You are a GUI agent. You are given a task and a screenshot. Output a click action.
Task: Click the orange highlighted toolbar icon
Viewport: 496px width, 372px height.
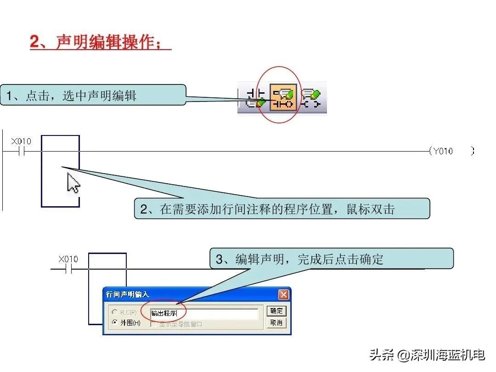[283, 97]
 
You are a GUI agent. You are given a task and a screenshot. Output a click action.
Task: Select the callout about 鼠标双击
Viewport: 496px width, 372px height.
[282, 209]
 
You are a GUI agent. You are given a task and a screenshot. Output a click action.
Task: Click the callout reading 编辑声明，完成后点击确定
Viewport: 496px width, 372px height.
[332, 259]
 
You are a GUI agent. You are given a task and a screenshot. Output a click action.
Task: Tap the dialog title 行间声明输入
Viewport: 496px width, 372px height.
[128, 294]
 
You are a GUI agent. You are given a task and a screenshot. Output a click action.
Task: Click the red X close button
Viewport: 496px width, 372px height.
[283, 294]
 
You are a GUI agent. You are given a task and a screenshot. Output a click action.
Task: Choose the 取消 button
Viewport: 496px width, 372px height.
[276, 323]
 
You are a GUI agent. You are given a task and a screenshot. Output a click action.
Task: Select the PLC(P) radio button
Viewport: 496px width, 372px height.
[115, 312]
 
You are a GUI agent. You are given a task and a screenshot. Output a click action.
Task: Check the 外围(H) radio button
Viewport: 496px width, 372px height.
[115, 323]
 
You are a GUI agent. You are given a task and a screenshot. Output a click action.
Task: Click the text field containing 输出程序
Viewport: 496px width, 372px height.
[204, 314]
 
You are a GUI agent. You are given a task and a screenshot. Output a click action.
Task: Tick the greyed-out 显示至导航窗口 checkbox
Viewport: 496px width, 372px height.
[153, 324]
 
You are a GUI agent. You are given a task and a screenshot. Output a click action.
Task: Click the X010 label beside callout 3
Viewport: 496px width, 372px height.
[68, 259]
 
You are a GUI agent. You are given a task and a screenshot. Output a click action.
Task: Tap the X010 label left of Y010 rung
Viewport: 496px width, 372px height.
[21, 141]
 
